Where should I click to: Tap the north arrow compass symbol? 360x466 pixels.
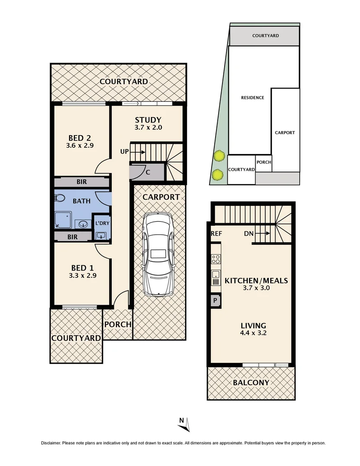point(185,424)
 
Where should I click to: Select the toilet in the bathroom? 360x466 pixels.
point(59,198)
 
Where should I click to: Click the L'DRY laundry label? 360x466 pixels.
point(102,224)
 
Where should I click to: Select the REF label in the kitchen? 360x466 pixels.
point(216,234)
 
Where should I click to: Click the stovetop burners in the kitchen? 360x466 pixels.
point(216,259)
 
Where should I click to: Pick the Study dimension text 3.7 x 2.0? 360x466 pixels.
point(148,128)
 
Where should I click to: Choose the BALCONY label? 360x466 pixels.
point(251,382)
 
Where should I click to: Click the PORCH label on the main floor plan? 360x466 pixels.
point(118,324)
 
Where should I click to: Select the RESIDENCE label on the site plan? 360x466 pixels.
point(252,98)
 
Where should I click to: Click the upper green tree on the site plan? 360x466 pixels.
point(219,155)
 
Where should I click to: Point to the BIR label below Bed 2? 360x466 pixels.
point(81,182)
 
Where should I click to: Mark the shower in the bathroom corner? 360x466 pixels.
point(63,220)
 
